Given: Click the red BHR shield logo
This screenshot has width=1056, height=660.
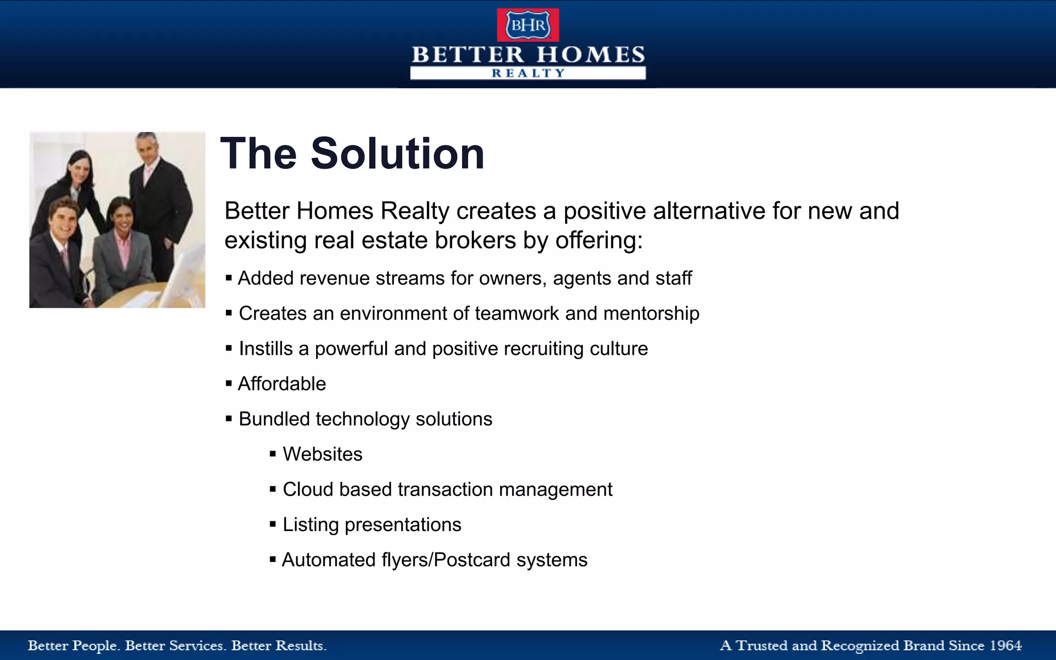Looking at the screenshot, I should [527, 25].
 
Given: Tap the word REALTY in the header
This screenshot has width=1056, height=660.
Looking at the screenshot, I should [528, 73].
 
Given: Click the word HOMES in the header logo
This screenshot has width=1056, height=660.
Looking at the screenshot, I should [591, 55].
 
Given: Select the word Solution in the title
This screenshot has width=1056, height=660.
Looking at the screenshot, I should [398, 154].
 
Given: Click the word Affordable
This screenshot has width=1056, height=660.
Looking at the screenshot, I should [282, 384].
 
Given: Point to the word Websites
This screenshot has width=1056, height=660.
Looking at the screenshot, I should [322, 454].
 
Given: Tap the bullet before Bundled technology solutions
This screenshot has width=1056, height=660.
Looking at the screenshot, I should [229, 419].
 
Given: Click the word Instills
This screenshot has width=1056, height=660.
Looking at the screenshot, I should [266, 349].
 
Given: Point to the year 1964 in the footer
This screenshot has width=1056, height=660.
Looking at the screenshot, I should [1005, 646].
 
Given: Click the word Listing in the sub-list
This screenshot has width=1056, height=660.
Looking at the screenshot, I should [310, 525].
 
